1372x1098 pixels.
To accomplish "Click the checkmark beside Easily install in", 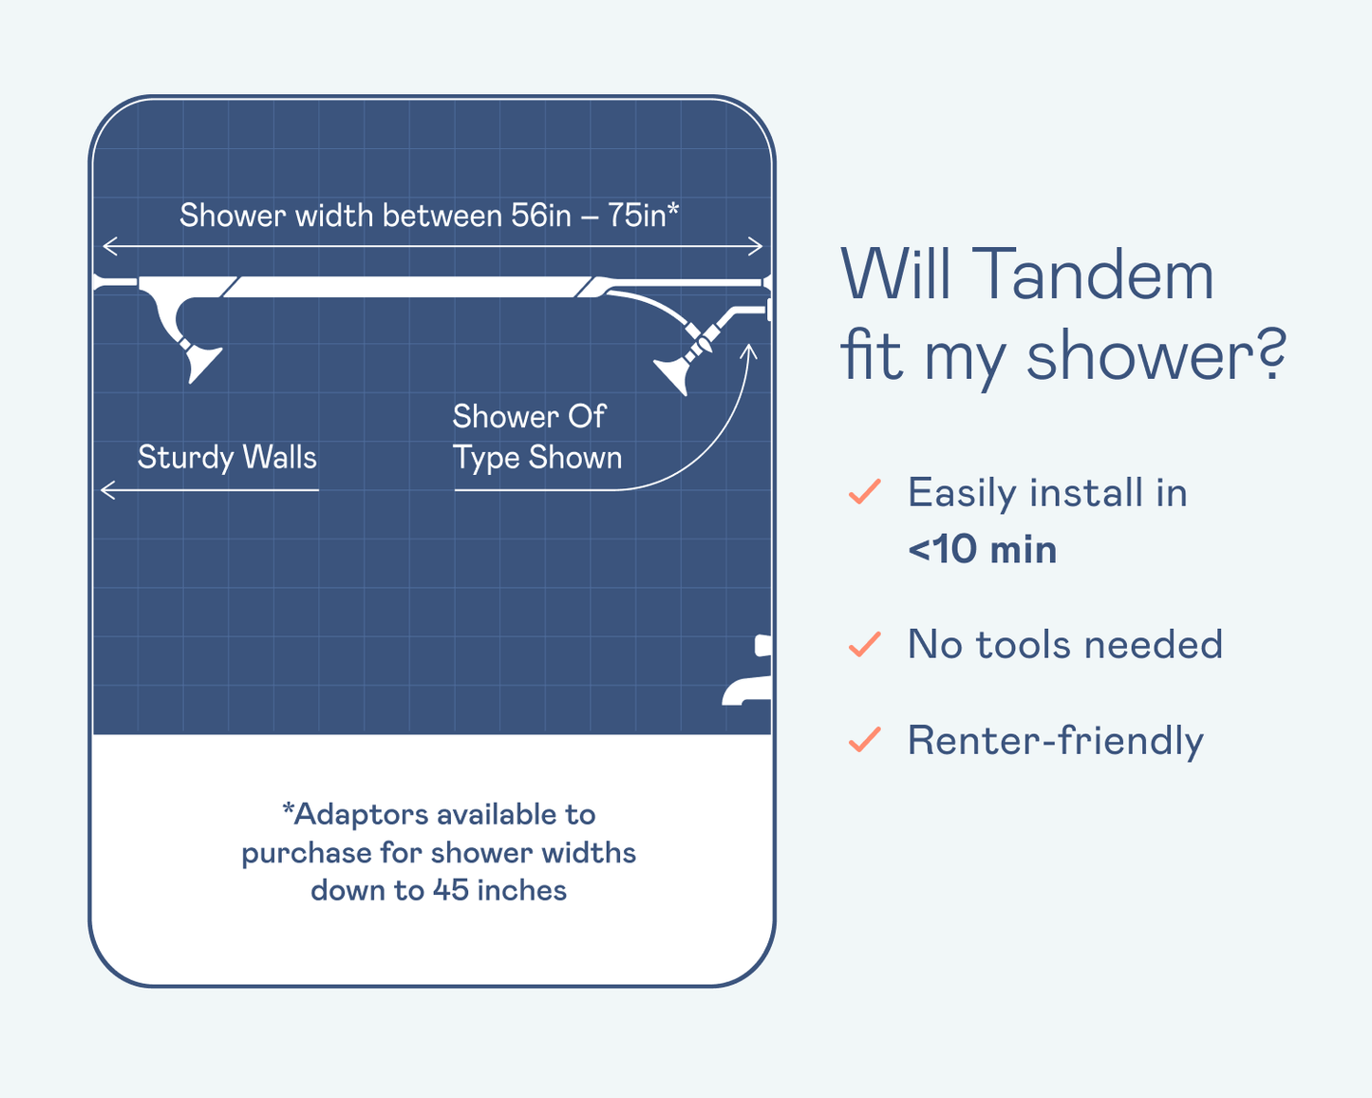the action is coord(865,492).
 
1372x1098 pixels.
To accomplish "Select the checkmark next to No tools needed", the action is coord(865,644).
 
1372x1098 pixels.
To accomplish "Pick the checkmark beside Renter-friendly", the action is coord(865,740).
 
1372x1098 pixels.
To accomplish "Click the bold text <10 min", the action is coord(982,549).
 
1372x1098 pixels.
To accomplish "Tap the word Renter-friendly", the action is coord(1055,742).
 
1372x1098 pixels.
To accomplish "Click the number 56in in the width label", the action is coord(540,215).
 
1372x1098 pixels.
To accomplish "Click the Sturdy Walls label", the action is coord(227,458).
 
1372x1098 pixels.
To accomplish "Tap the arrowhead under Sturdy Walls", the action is coord(108,490).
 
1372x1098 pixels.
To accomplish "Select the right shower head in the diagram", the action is coord(672,376).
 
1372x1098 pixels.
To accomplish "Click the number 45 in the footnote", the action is coord(451,891).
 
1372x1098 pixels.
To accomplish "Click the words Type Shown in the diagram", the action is coord(536,459).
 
